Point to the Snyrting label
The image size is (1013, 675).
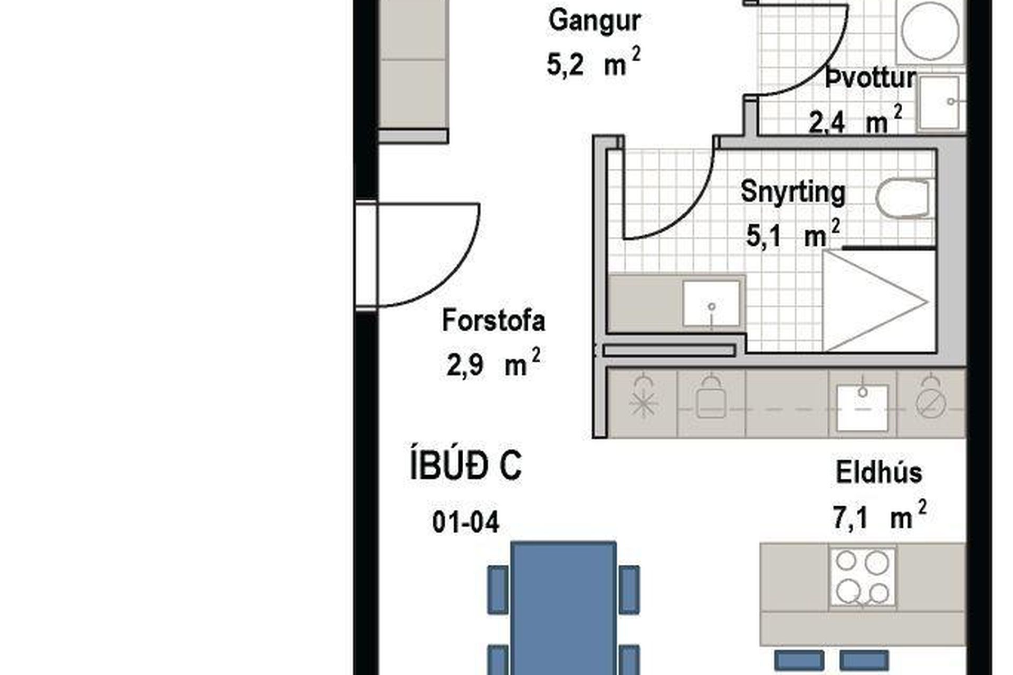coord(792,192)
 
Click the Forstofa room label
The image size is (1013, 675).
coord(493,321)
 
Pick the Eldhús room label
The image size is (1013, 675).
coord(879,472)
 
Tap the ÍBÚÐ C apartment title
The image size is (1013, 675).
coord(466,466)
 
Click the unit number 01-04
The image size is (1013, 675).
coord(465,523)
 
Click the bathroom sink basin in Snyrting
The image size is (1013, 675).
coord(711,304)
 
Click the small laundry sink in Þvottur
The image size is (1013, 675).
coord(940,103)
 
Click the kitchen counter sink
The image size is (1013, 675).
coord(863,407)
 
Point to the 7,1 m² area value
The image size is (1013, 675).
coord(879,517)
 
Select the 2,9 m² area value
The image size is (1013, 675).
coord(493,364)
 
